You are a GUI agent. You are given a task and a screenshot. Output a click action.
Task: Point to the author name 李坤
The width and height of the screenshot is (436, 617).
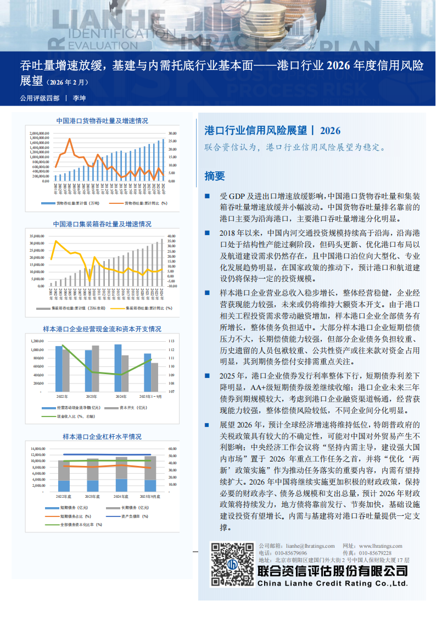click(x=79, y=99)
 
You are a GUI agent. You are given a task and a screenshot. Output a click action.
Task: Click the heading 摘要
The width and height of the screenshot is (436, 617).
click(x=214, y=176)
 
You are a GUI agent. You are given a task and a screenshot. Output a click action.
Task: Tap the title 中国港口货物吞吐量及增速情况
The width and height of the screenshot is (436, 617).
click(x=102, y=120)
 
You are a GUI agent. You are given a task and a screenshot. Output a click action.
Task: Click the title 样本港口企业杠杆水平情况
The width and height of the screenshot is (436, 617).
click(x=102, y=437)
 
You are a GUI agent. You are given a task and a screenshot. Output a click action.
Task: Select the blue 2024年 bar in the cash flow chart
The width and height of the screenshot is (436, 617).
click(x=118, y=368)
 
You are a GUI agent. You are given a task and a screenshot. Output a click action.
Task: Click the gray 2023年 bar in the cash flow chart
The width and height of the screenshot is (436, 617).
click(x=96, y=368)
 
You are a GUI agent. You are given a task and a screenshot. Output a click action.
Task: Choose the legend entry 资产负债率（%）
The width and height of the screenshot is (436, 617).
click(x=130, y=517)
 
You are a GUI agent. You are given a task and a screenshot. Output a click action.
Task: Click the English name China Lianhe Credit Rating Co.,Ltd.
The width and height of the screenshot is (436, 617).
click(x=333, y=583)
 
